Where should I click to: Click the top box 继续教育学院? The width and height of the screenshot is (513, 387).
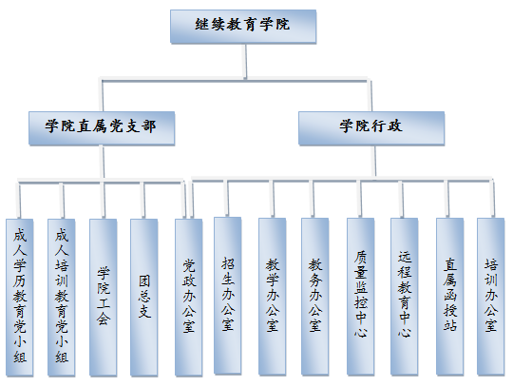coord(243,27)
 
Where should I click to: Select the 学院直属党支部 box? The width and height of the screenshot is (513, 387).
coord(102,128)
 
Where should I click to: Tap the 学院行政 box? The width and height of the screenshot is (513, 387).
coord(371,128)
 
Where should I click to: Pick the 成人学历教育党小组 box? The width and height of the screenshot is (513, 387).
coord(20,298)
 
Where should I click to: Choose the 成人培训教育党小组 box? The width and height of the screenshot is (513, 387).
coord(62,298)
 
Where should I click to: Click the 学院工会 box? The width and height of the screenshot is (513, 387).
coord(103,298)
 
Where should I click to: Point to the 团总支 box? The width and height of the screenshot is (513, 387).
coord(144,298)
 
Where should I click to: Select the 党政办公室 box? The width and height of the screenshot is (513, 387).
coord(188,298)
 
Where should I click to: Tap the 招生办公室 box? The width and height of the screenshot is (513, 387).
coord(228,296)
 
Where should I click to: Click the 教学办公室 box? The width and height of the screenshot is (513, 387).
coord(273,297)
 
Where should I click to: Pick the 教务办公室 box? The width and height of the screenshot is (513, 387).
coord(315,297)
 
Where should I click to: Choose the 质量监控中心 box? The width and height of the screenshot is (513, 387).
coord(361,297)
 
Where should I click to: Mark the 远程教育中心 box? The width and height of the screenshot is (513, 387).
coord(405,297)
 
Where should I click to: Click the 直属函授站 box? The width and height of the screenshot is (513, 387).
coord(450,297)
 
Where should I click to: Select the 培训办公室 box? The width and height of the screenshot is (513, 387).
coord(491,297)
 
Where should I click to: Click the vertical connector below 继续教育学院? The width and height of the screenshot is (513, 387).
coord(244,61)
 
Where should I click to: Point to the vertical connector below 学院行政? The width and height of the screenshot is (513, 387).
coord(374,161)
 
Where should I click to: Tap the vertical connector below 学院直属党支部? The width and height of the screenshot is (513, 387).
coord(103,162)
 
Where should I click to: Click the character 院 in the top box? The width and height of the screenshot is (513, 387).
coord(283,24)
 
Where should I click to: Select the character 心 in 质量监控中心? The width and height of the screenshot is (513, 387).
coord(361,332)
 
